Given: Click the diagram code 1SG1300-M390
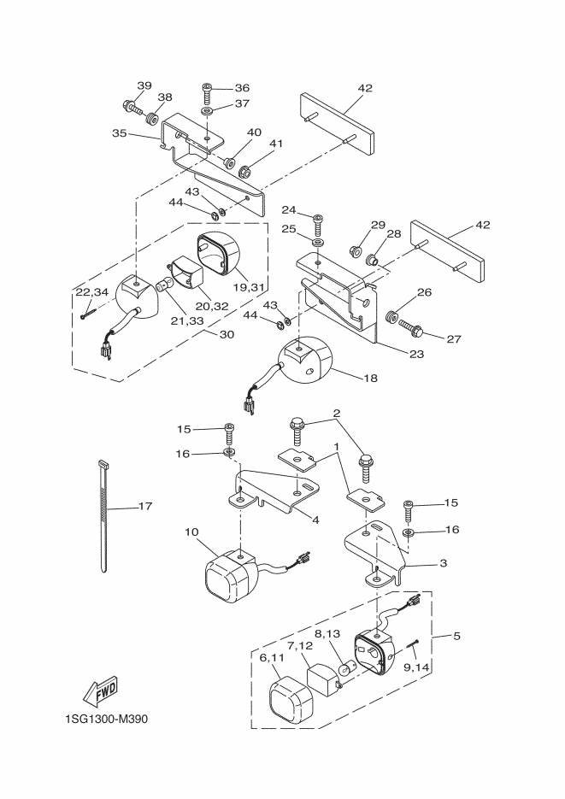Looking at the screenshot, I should (106, 719).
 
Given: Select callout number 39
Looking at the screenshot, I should (144, 85).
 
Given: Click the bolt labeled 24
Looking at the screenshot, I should (319, 225).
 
